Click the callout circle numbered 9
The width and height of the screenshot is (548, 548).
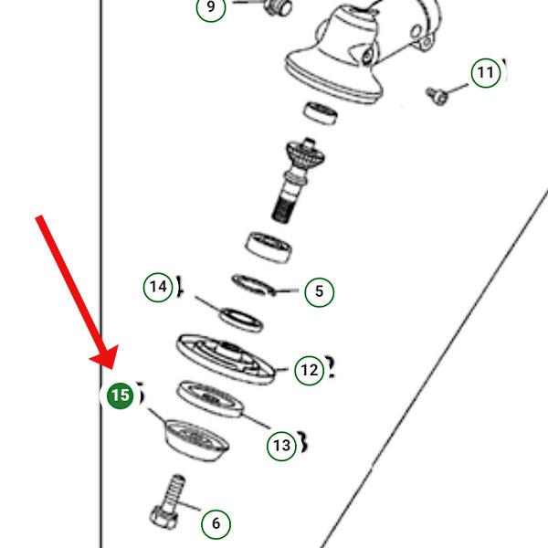coord(211,8)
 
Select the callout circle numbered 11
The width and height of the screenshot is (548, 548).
coord(485,72)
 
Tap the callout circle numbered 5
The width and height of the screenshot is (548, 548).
coord(318,292)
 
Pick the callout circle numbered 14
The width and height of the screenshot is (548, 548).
coord(158,287)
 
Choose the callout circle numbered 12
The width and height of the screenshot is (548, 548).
coord(309,370)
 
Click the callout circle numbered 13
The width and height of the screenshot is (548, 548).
coord(281,446)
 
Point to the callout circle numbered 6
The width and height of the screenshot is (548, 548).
coord(216,523)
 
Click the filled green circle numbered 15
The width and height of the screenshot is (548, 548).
coord(120,395)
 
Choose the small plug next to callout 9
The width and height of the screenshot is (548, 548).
coord(275,6)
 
